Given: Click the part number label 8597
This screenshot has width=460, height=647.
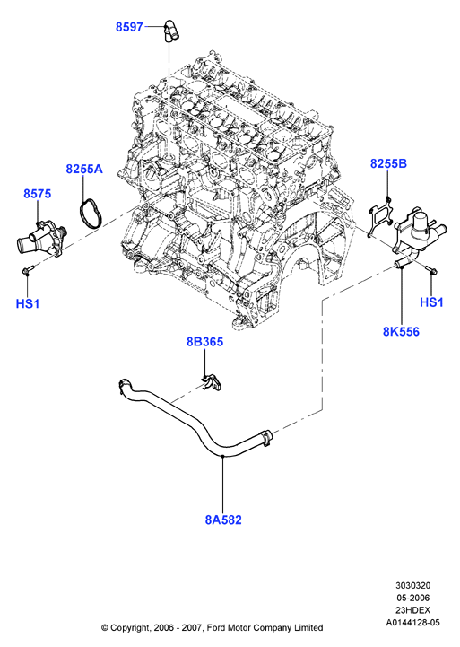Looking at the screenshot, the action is click(129, 27).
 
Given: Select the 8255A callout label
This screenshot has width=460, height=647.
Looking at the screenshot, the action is click(84, 169).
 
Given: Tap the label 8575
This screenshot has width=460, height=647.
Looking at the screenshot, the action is click(37, 194).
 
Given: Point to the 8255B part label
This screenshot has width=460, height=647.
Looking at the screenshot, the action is click(388, 164).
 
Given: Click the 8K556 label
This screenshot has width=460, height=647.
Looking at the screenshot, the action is click(401, 331).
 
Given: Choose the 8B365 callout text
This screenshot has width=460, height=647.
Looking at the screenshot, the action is click(204, 342).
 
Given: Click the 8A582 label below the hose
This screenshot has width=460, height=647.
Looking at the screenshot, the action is click(223, 520).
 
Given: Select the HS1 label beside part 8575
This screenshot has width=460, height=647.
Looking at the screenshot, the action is click(28, 303).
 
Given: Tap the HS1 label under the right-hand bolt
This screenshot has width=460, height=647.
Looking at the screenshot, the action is click(431, 302).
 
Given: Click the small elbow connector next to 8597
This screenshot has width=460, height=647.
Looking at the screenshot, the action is click(171, 31).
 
